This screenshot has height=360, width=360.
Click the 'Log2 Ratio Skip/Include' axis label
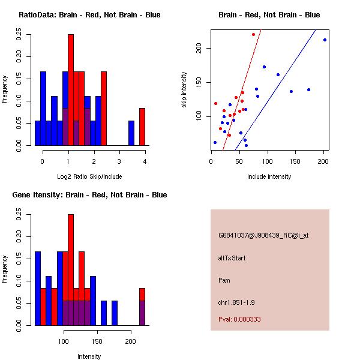[x=89, y=176]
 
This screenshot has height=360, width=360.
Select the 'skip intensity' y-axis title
[x=185, y=90]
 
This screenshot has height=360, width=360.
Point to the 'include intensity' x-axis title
[x=269, y=176]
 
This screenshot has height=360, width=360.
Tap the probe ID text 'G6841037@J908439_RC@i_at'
[x=263, y=236]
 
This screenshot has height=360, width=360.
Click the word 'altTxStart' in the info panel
[x=232, y=258]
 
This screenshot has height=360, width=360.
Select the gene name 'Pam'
[x=224, y=280]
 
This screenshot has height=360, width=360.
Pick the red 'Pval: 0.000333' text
[x=239, y=319]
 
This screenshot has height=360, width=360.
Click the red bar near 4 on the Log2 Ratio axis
[x=142, y=127]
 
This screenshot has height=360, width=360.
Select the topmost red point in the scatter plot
[x=253, y=34]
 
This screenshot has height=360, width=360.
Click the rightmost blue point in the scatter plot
[x=325, y=40]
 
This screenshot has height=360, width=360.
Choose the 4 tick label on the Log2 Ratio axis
[x=145, y=161]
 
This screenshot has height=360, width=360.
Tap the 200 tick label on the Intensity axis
[x=131, y=341]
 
